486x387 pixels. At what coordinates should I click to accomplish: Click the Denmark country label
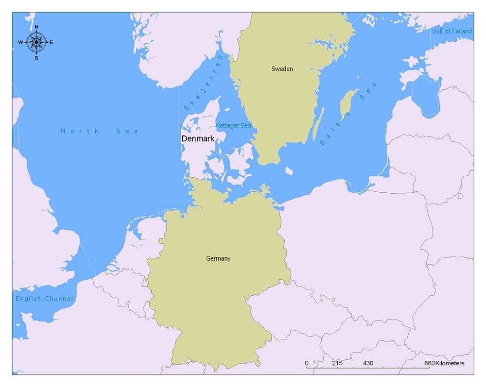tap(198, 139)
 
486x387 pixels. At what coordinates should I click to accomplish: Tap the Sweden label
tap(282, 69)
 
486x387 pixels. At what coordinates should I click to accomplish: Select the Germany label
tap(218, 259)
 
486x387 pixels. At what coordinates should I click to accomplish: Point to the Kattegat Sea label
tap(234, 126)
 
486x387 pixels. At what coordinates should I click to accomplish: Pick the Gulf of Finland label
tap(451, 31)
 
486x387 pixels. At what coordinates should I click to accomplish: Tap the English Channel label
tap(44, 299)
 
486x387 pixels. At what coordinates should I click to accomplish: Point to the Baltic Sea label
tap(348, 114)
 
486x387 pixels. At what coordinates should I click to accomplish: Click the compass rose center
tap(36, 42)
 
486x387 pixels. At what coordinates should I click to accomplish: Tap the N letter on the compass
tap(36, 27)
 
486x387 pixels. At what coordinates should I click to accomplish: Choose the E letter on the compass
tap(52, 42)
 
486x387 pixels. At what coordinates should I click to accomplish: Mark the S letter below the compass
tap(36, 58)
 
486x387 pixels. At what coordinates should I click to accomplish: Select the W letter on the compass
tap(21, 42)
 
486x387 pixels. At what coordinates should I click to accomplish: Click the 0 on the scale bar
tap(307, 363)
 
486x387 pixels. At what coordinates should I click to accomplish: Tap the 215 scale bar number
tap(337, 363)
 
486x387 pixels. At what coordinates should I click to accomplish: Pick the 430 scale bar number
tap(368, 363)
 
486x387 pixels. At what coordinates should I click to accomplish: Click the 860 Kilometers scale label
tap(444, 363)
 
